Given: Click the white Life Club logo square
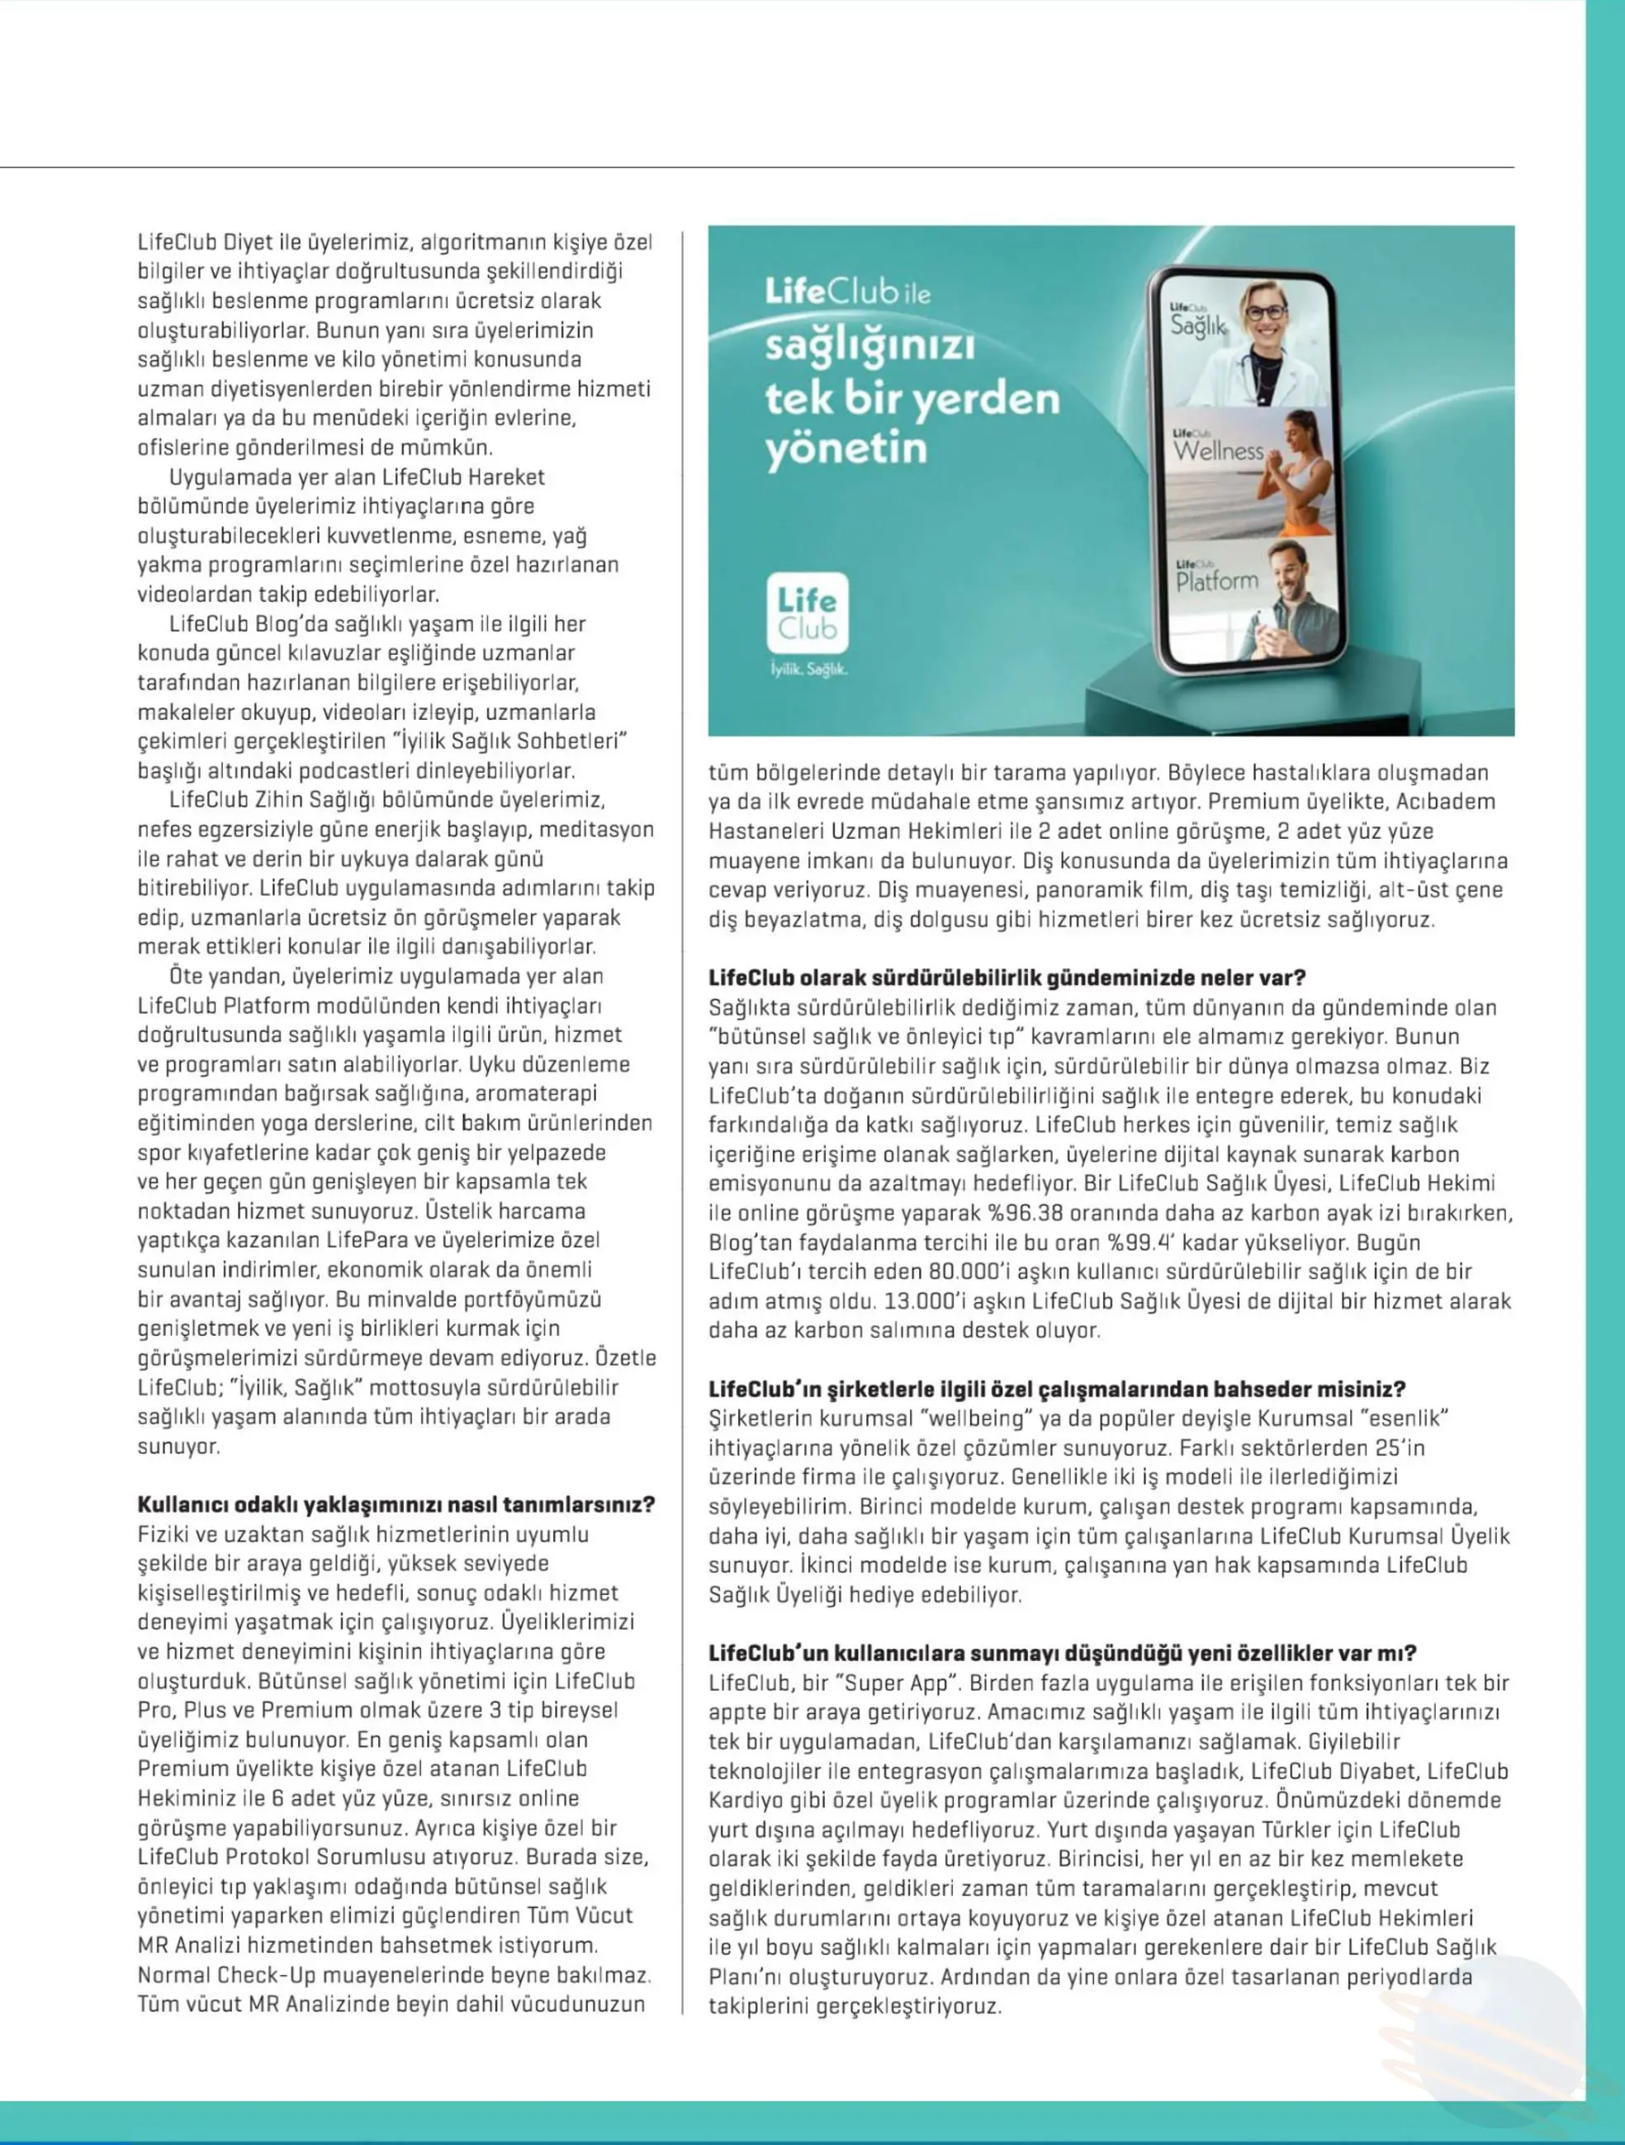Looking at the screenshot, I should click(x=807, y=613).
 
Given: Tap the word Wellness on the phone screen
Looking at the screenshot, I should click(x=1218, y=451).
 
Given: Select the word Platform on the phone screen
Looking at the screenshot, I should click(x=1217, y=582).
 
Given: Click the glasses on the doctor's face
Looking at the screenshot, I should click(x=1264, y=313).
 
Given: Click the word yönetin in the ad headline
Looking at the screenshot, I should click(x=846, y=449).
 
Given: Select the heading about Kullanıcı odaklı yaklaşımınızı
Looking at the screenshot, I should click(x=396, y=1504).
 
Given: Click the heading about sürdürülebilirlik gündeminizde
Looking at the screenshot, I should click(x=1007, y=978).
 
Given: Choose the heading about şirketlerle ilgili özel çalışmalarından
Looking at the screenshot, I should click(x=1057, y=1389).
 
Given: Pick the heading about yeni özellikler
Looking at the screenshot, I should click(x=1062, y=1652).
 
